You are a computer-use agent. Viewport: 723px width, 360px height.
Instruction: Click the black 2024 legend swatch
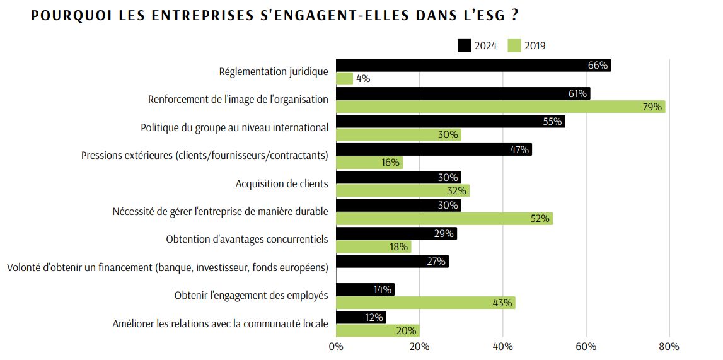pos(464,45)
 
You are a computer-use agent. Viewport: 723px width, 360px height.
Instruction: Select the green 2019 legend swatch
pos(514,45)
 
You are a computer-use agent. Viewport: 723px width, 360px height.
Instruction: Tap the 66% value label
pos(598,66)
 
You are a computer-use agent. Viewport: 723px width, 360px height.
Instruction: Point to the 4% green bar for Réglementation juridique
pos(344,79)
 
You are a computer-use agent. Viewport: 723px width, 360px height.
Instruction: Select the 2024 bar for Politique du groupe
pos(450,122)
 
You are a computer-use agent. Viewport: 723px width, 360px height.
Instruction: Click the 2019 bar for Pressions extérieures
pos(369,163)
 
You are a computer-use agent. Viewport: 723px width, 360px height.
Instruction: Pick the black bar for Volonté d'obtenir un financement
pos(392,261)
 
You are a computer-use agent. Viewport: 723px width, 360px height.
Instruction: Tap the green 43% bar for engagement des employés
pos(425,303)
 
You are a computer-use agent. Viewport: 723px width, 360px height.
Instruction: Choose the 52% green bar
pos(444,219)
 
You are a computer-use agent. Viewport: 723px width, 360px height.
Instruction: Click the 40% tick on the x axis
pos(502,346)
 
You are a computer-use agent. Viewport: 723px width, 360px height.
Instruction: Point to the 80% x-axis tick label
pos(669,346)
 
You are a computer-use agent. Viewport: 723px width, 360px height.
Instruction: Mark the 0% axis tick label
pos(336,346)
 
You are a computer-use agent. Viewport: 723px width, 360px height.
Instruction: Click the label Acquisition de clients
pos(282,184)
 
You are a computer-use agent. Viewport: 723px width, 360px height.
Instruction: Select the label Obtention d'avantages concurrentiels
pos(247,240)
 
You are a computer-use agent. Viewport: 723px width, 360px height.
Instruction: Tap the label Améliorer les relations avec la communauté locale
pos(221,324)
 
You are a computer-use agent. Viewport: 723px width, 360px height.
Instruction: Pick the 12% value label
pos(374,318)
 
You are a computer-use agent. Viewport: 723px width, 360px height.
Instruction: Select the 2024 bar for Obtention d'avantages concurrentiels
pos(396,233)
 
